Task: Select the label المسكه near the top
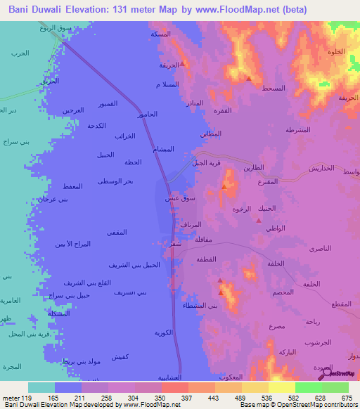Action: (160, 34)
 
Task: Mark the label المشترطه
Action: (299, 130)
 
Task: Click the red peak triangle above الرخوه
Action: (224, 186)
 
